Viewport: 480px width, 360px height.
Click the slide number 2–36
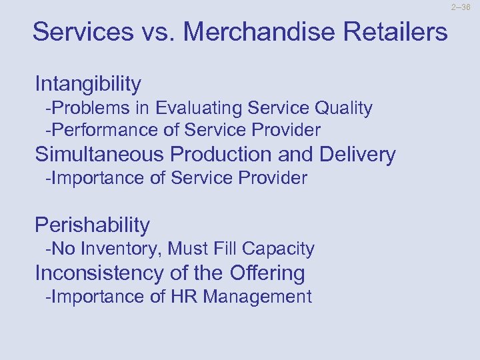point(461,8)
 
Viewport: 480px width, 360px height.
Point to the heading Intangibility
point(88,84)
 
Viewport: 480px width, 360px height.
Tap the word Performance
point(97,129)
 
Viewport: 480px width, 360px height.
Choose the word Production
point(221,155)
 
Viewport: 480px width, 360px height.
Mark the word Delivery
point(357,155)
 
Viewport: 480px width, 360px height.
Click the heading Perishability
point(92,225)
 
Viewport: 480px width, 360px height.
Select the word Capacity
point(278,249)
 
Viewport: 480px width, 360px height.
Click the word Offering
point(267,273)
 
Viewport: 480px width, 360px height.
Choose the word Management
point(257,296)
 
